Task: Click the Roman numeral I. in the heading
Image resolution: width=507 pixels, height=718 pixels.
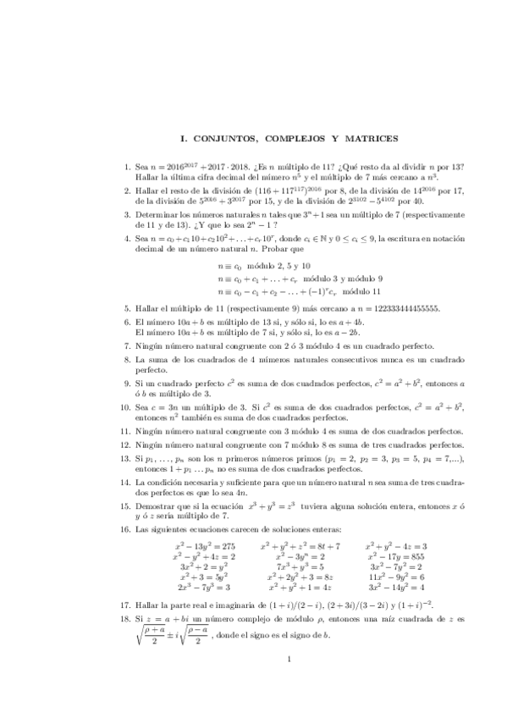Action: click(186, 138)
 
